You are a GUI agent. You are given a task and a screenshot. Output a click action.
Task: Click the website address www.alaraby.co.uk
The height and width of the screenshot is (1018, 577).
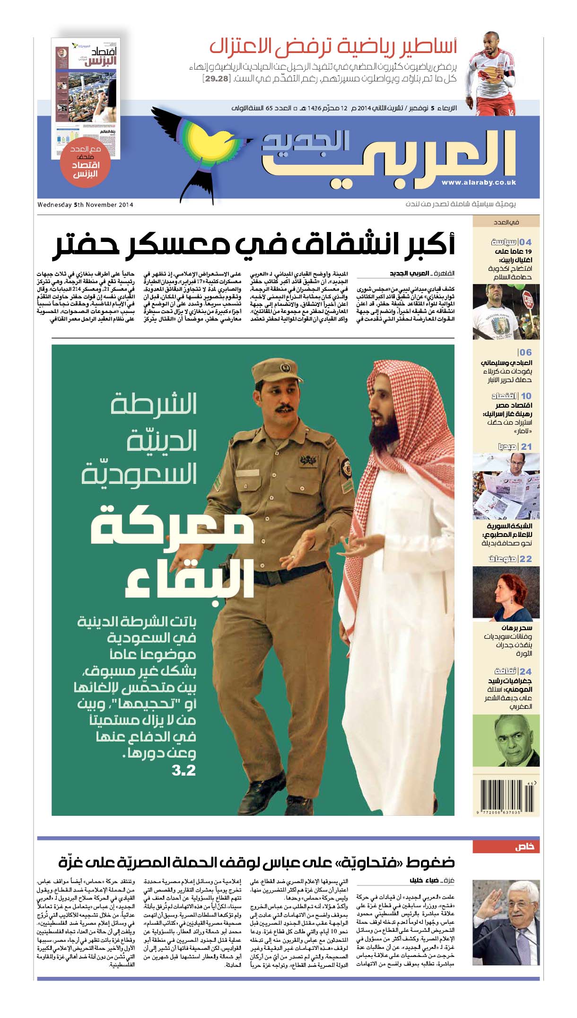[x=478, y=182]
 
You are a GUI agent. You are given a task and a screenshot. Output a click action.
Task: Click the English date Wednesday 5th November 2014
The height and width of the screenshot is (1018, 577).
[x=85, y=205]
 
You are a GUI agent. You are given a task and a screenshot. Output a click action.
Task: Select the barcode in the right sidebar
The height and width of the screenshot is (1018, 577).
[x=505, y=797]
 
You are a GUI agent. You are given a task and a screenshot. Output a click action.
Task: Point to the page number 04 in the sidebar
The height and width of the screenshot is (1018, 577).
[x=525, y=242]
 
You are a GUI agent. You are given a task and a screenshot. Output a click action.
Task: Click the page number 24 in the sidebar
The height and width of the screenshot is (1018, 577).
[x=525, y=671]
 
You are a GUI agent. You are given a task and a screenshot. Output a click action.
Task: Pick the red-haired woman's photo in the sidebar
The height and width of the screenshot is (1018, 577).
[x=506, y=593]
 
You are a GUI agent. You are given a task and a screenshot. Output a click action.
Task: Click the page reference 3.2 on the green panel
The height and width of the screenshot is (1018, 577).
[x=184, y=770]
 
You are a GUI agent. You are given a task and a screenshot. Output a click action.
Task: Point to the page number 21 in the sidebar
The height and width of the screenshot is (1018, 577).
[x=526, y=446]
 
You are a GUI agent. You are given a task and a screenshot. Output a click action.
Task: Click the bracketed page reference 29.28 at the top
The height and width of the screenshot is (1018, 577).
[x=216, y=79]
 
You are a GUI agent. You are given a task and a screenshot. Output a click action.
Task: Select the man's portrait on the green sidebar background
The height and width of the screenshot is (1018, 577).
[x=506, y=740]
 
